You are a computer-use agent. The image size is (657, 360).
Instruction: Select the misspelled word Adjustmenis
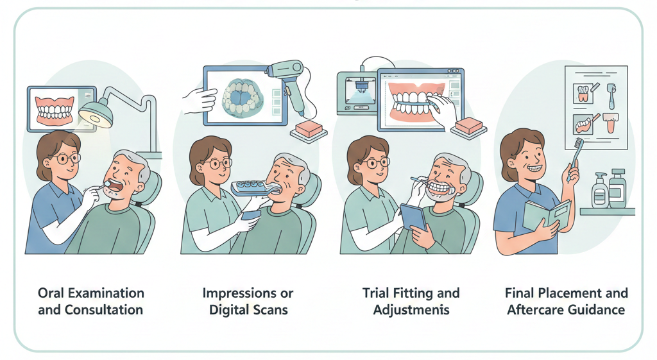tap(411, 309)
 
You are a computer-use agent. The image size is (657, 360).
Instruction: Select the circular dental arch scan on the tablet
tap(243, 97)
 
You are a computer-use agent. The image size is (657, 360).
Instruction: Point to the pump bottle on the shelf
tap(601, 190)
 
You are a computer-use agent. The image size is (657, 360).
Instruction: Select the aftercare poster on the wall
tap(595, 106)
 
